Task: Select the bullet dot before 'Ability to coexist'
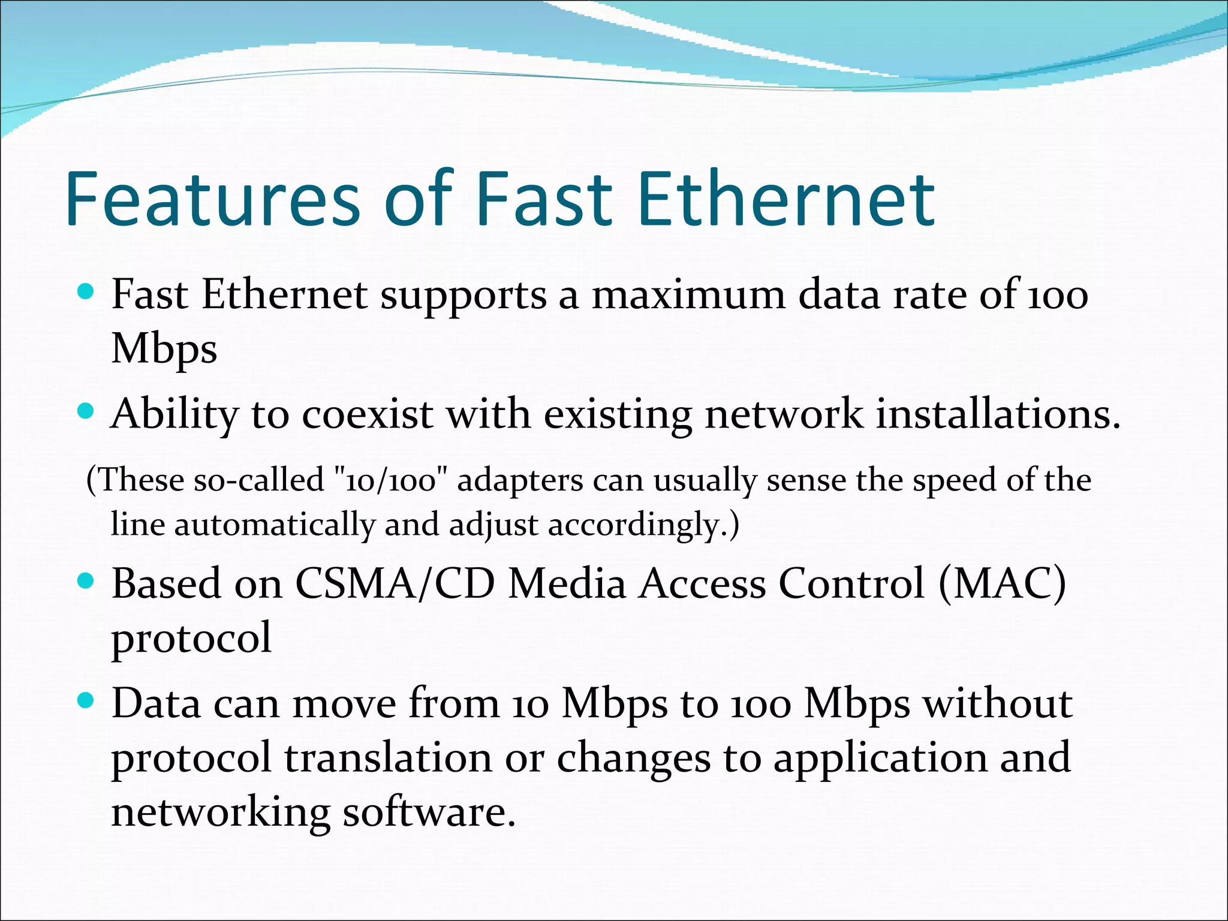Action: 86,412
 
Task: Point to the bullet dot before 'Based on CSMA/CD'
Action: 86,580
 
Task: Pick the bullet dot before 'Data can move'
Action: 86,700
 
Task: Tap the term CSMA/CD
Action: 395,583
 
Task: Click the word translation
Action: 388,757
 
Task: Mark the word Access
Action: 702,583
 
